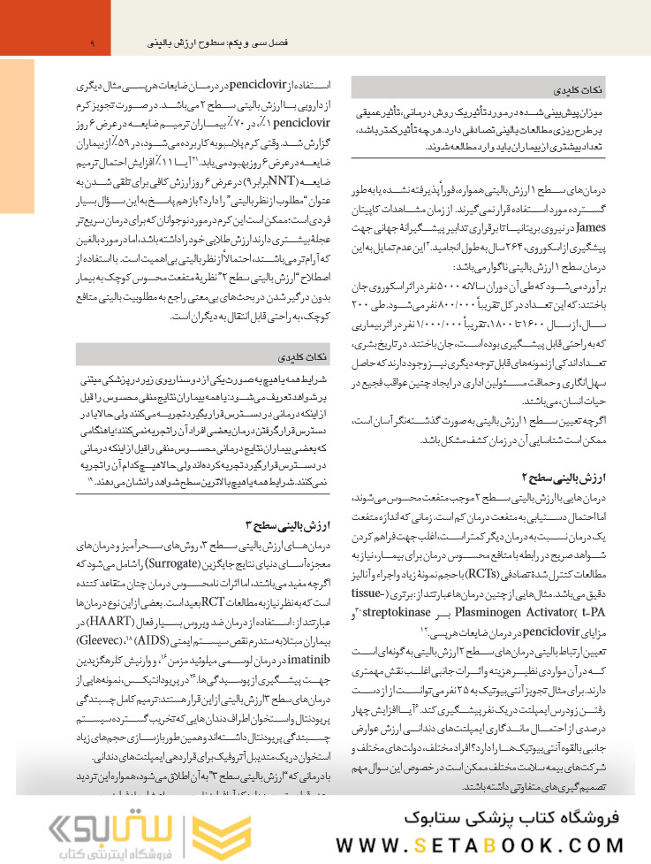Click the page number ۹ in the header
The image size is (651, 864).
click(92, 42)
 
